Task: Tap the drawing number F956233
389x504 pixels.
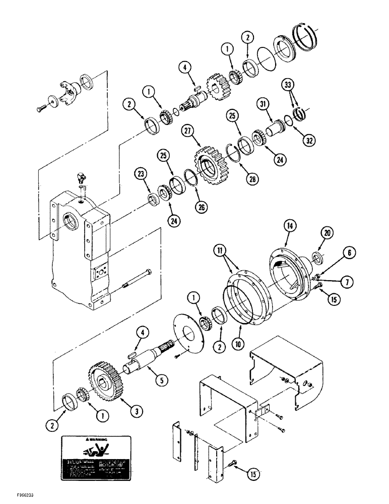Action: coord(19,496)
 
